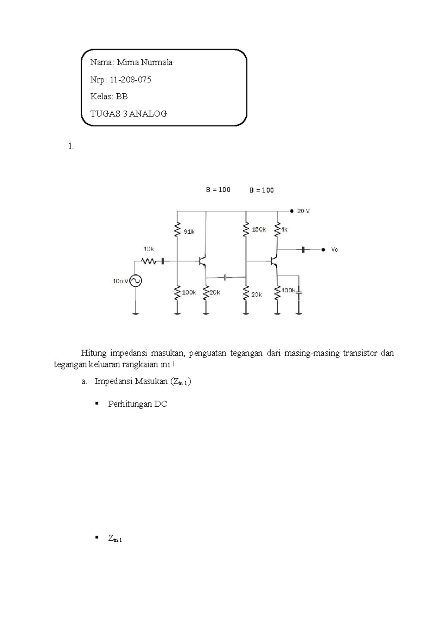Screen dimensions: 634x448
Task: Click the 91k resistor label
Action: coord(189,231)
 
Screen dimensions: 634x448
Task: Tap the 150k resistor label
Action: coord(259,230)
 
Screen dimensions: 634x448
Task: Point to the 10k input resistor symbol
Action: coord(148,261)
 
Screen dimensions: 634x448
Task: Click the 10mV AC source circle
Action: coord(136,281)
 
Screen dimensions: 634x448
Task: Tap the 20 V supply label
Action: coord(303,211)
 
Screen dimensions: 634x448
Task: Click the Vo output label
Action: coord(334,249)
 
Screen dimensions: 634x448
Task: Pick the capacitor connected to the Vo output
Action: coord(304,249)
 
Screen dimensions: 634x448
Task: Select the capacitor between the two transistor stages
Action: coord(225,277)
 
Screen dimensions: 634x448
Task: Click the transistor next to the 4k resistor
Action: coord(274,261)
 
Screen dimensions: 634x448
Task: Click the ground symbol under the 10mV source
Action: coord(136,313)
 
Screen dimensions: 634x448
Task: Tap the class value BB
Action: coord(122,96)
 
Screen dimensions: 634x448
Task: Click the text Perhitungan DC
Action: coord(137,404)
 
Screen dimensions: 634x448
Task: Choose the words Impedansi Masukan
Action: coord(131,381)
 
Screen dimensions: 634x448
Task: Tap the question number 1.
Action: coord(71,146)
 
